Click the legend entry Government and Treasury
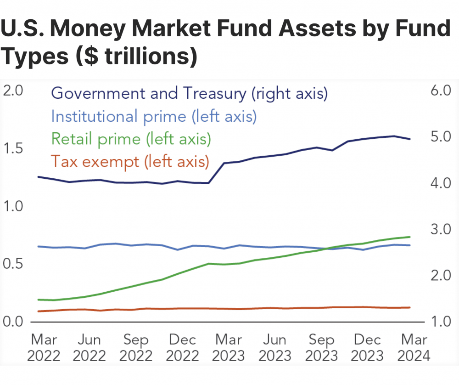[190, 93]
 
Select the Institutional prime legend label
[154, 116]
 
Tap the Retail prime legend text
[131, 138]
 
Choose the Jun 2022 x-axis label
[89, 347]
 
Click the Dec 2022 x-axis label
[182, 347]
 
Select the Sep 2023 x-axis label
[322, 347]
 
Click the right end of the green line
[410, 237]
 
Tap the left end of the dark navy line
[38, 176]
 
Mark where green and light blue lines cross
[327, 249]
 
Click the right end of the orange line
[410, 307]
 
